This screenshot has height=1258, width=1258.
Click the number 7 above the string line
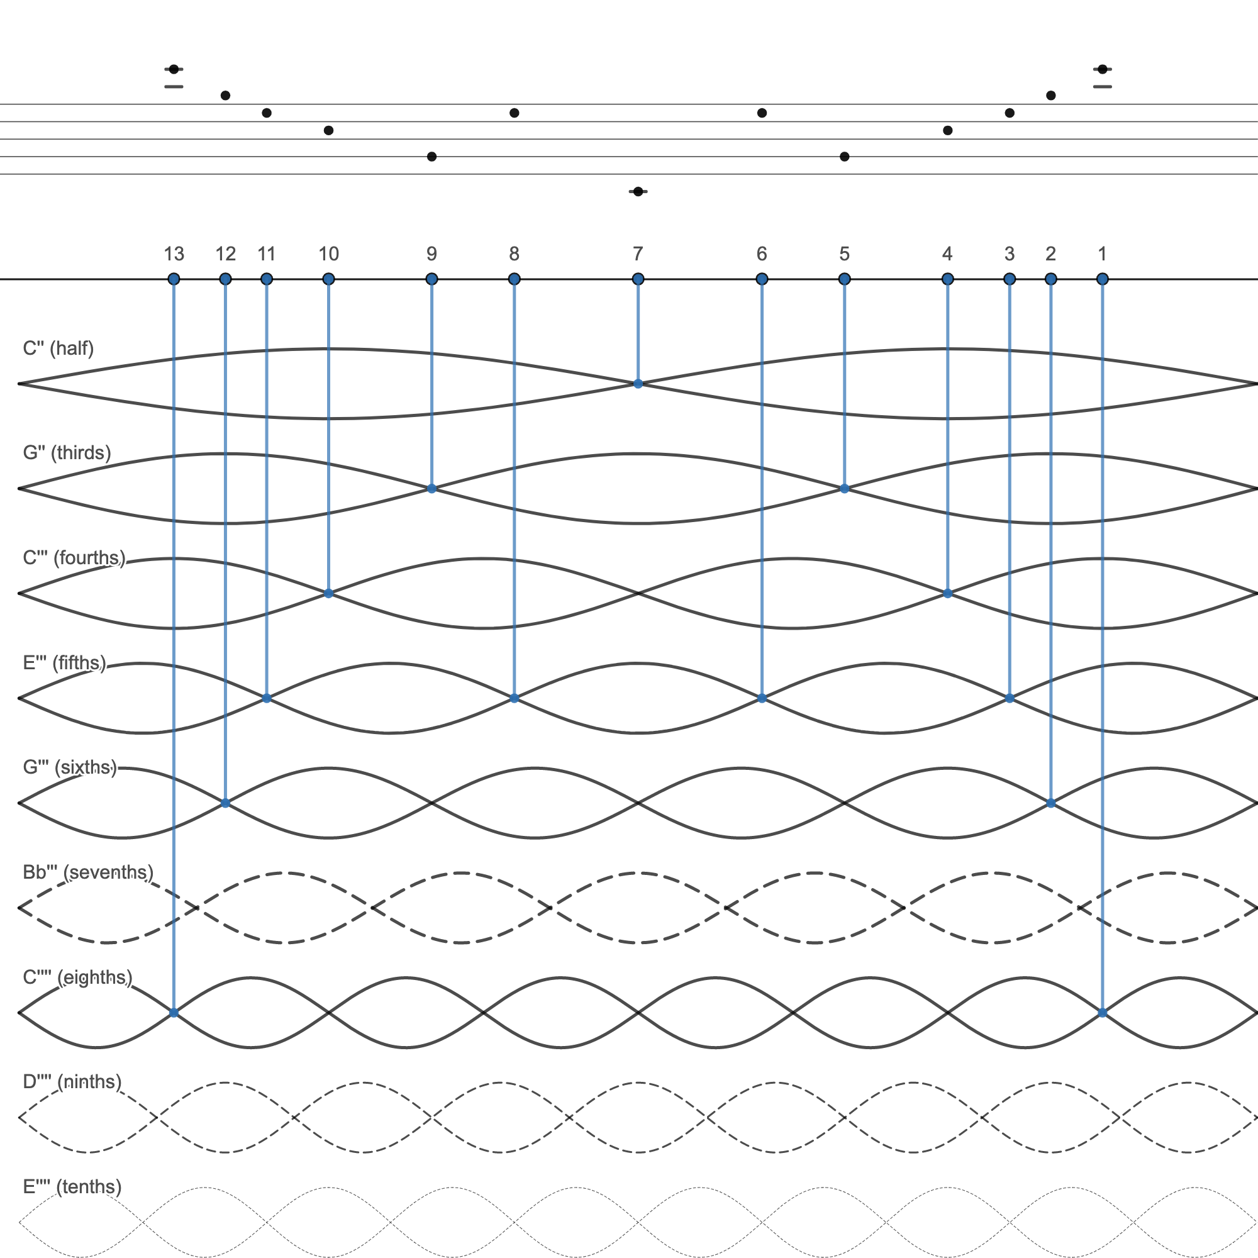pyautogui.click(x=637, y=253)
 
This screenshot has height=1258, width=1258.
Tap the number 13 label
pyautogui.click(x=174, y=253)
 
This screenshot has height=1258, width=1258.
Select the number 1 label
pyautogui.click(x=1102, y=253)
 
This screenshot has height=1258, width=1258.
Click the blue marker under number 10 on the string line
pyautogui.click(x=328, y=279)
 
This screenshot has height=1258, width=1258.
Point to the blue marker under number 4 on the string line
pyautogui.click(x=947, y=279)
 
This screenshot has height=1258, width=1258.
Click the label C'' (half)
pyautogui.click(x=58, y=348)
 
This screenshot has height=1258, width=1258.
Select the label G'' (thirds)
pyautogui.click(x=67, y=452)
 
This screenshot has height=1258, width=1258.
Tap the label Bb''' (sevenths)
pyautogui.click(x=88, y=872)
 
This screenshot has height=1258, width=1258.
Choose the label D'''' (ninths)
pyautogui.click(x=72, y=1081)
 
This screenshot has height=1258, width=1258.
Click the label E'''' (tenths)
pyautogui.click(x=72, y=1186)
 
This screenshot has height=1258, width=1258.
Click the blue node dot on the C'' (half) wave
pyautogui.click(x=637, y=384)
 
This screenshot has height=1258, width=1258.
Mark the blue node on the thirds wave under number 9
pyautogui.click(x=431, y=488)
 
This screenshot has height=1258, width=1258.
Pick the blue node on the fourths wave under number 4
pyautogui.click(x=947, y=593)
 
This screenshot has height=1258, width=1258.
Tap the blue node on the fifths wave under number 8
pyautogui.click(x=514, y=698)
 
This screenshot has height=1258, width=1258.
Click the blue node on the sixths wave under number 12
pyautogui.click(x=225, y=803)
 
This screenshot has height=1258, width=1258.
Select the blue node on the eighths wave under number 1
pyautogui.click(x=1102, y=1013)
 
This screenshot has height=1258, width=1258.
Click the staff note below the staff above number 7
pyautogui.click(x=637, y=191)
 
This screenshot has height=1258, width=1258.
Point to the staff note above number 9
pyautogui.click(x=431, y=156)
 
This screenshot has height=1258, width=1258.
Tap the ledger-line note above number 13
pyautogui.click(x=174, y=69)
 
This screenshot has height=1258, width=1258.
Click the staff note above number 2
pyautogui.click(x=1050, y=96)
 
